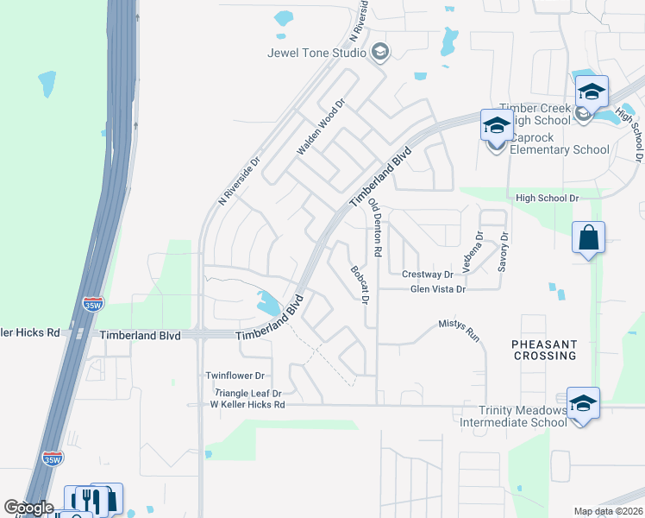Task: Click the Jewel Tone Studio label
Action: coord(316,53)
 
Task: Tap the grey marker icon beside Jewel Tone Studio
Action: coord(379,53)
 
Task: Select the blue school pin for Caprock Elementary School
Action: coord(497,126)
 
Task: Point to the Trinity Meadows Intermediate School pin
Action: coord(583,405)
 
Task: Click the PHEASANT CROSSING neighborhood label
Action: coord(544,350)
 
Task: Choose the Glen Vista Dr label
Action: coord(438,290)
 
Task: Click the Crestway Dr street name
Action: coord(428,275)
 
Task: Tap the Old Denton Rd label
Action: coord(374,228)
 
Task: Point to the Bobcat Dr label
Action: coord(360,286)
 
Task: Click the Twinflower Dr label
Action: coord(235,376)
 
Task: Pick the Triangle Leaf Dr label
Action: coord(247,393)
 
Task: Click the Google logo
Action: coord(29,508)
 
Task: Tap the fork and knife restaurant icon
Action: coord(86,499)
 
